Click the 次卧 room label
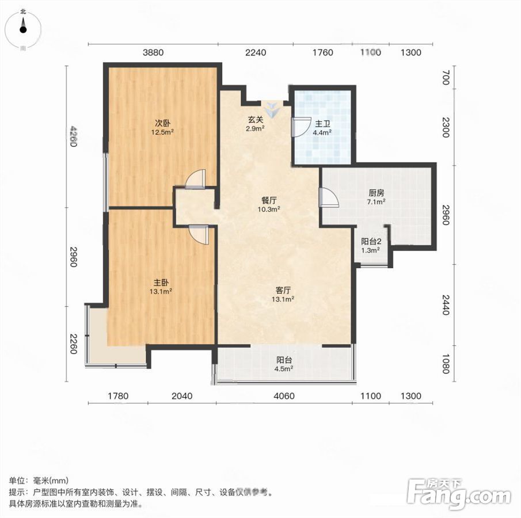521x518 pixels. [163, 123]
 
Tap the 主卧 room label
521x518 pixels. [161, 283]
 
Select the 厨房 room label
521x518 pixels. [376, 193]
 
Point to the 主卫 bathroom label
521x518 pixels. [322, 124]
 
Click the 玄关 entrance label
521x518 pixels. [255, 120]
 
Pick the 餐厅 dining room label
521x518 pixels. [269, 200]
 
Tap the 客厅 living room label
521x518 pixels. [283, 291]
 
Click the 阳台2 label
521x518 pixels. [371, 242]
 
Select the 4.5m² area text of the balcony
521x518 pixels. [283, 368]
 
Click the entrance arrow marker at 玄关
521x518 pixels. [272, 110]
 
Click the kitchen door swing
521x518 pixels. [328, 197]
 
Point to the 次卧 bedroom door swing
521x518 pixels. [196, 179]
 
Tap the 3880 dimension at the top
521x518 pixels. [153, 52]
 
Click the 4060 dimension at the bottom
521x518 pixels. [284, 396]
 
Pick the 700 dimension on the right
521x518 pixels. [446, 78]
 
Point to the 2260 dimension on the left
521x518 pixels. [74, 344]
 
